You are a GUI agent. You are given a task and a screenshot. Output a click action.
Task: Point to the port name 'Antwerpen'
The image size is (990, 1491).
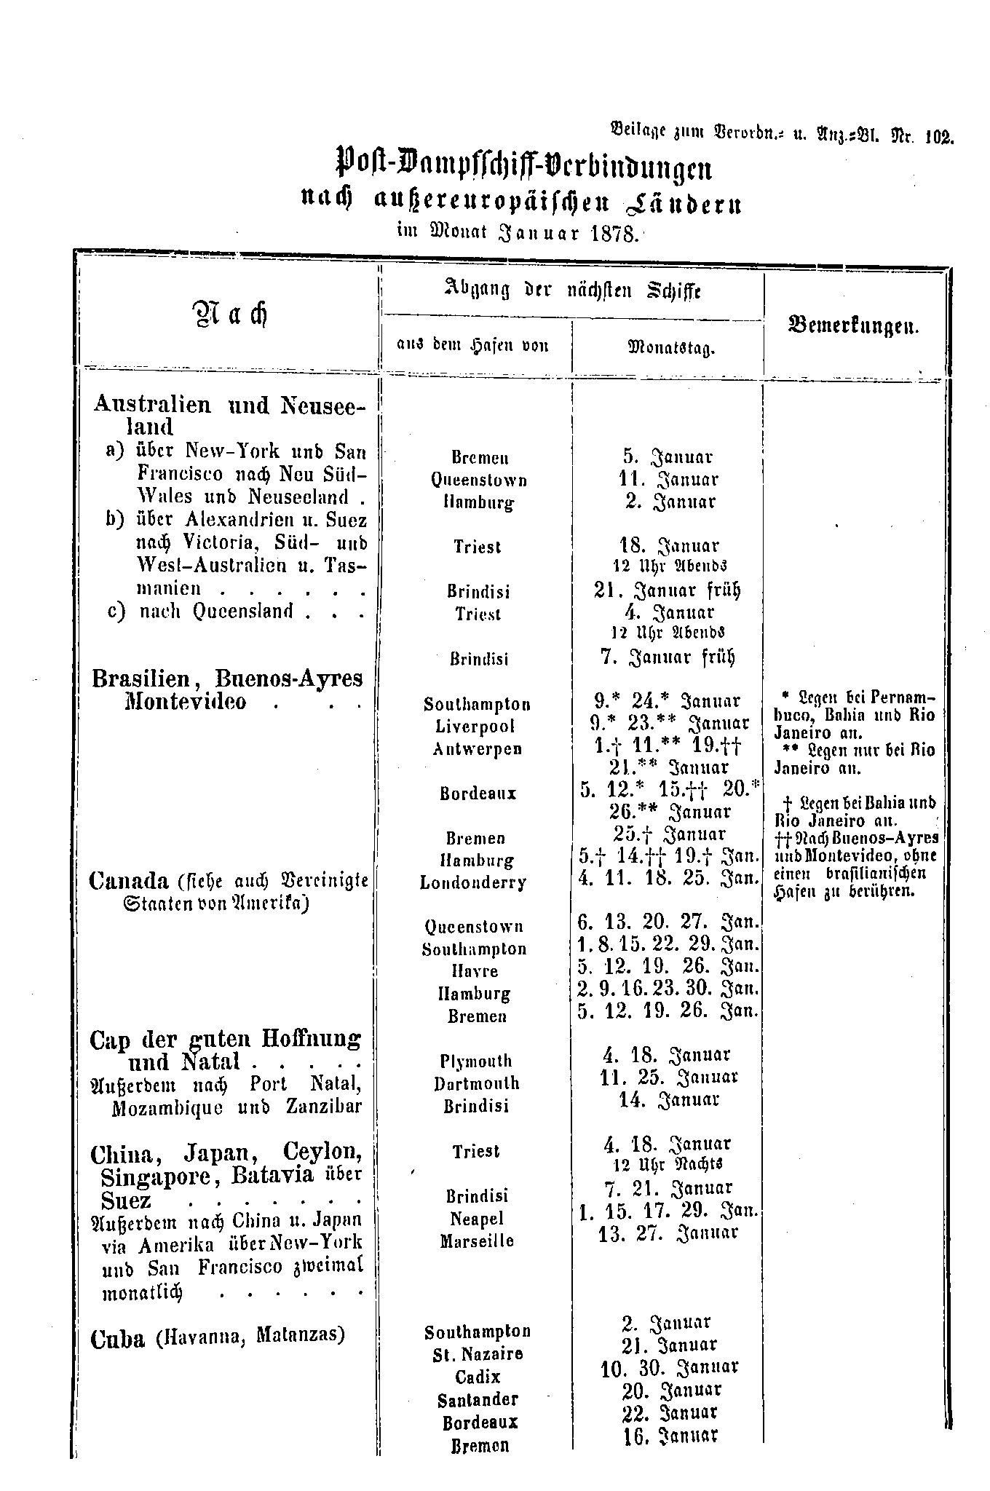click(x=478, y=748)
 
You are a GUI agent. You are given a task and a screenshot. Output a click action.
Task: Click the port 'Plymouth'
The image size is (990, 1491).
click(x=476, y=1061)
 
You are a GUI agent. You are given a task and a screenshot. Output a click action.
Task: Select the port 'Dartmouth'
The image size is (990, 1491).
click(x=476, y=1083)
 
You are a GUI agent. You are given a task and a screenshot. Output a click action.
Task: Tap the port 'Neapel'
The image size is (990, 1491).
click(x=477, y=1218)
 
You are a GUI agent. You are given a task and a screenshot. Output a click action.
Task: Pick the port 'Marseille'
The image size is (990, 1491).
click(x=477, y=1241)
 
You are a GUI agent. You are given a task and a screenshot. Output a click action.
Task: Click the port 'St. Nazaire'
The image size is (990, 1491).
click(x=478, y=1354)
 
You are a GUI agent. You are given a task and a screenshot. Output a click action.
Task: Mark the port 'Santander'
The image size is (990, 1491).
click(x=478, y=1399)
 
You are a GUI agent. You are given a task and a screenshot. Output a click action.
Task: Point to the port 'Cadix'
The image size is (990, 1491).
click(x=478, y=1377)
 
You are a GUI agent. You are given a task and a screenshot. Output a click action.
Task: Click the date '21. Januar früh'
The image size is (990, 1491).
click(x=666, y=590)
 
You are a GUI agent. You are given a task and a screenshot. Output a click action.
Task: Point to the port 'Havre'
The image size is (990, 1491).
click(x=477, y=971)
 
